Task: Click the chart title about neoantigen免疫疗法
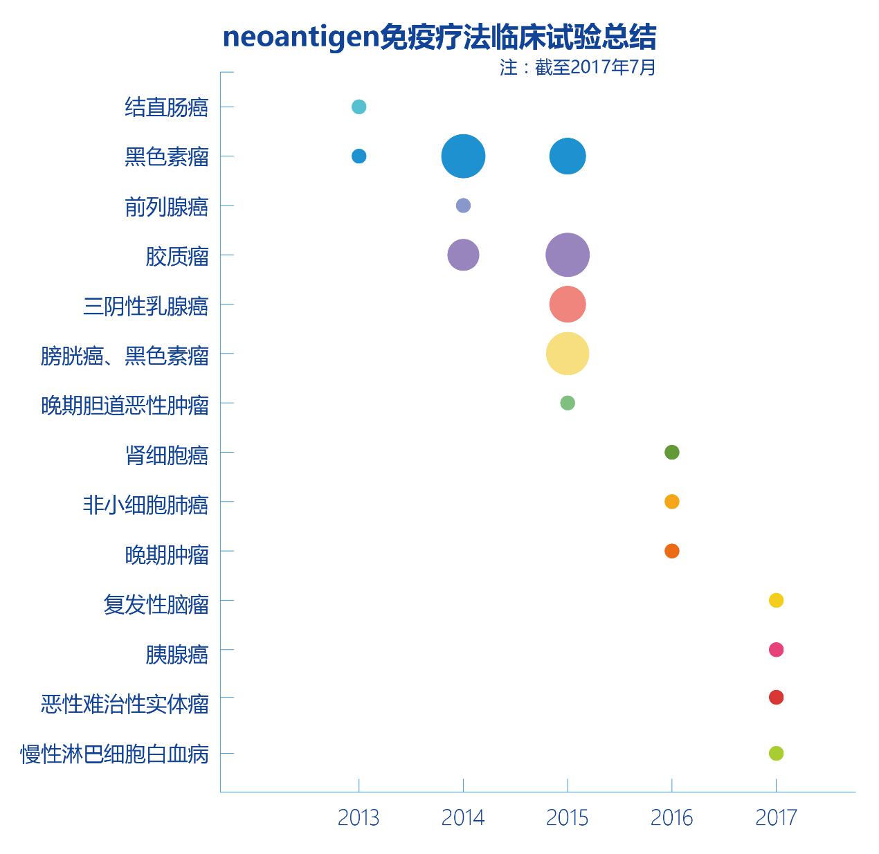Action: pos(439,37)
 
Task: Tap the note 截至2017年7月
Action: pos(577,68)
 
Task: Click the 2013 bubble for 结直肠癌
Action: pos(359,107)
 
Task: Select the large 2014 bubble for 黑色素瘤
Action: pos(463,156)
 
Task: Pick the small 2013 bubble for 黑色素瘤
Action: pos(359,156)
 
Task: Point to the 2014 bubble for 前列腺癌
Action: pos(463,206)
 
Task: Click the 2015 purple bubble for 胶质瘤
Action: pos(568,255)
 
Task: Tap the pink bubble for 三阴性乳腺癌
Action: pos(568,305)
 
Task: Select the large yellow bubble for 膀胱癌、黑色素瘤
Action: pos(568,354)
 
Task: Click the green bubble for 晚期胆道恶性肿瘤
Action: pos(568,403)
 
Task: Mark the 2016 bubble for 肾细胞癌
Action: pos(671,453)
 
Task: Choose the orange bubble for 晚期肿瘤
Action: pos(671,551)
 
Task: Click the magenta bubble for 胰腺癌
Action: pos(776,650)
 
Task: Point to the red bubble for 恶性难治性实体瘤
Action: pos(776,698)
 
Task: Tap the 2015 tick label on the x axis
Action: pos(568,818)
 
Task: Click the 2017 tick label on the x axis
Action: pos(776,818)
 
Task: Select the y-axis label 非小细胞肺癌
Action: pos(145,505)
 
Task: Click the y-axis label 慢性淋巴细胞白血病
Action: pos(114,754)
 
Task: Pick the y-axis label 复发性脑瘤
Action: pos(156,604)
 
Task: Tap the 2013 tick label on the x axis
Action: pos(359,818)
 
